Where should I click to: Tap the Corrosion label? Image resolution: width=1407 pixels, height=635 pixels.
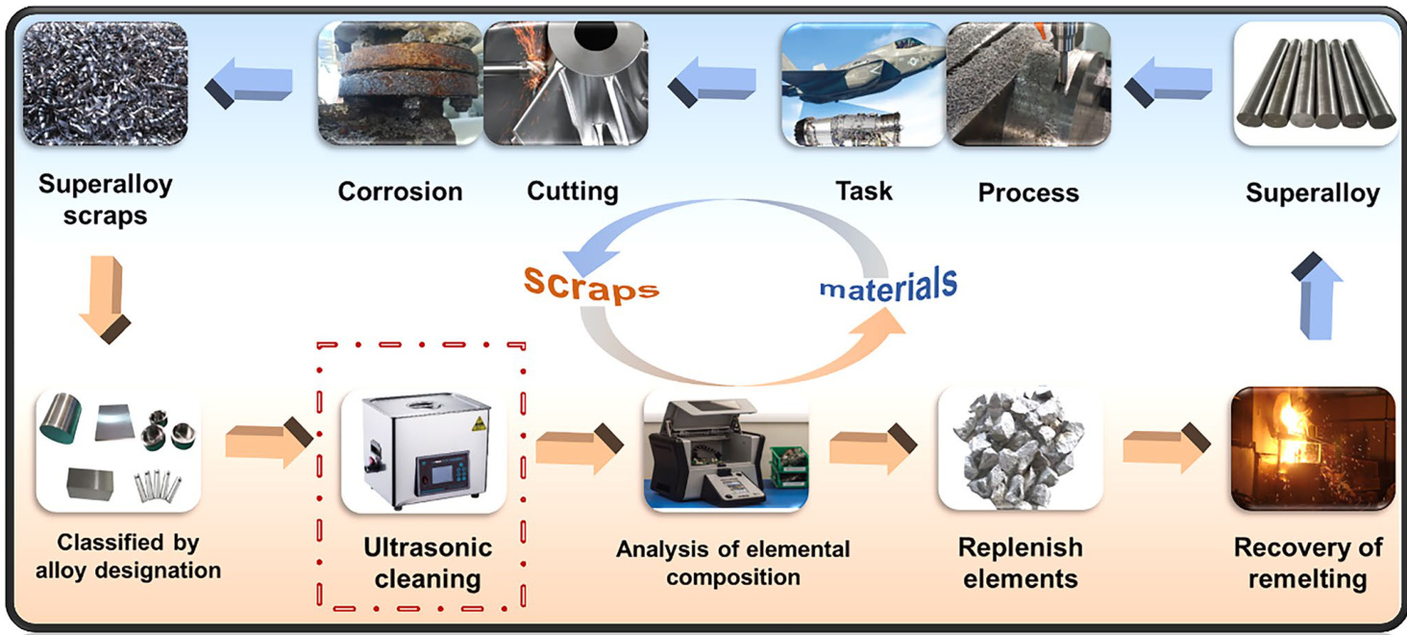click(400, 191)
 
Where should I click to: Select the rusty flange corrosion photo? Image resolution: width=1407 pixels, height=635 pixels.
click(400, 84)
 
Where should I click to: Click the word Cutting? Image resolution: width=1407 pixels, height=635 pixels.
click(572, 190)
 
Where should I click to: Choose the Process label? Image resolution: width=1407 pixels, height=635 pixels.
click(1027, 192)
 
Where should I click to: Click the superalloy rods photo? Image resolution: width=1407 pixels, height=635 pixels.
click(1314, 84)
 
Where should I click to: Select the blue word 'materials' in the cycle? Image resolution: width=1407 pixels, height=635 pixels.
click(888, 285)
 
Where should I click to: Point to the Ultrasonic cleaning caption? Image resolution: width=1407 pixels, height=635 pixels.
click(427, 564)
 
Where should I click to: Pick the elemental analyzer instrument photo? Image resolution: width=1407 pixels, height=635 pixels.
click(726, 450)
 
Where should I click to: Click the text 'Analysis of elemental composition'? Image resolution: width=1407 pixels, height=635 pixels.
click(732, 564)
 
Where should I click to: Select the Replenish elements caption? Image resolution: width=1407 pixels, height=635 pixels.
click(1020, 564)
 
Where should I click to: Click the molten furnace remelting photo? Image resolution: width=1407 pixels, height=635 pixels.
click(1313, 448)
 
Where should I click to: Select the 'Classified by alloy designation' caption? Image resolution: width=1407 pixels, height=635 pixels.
click(128, 556)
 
